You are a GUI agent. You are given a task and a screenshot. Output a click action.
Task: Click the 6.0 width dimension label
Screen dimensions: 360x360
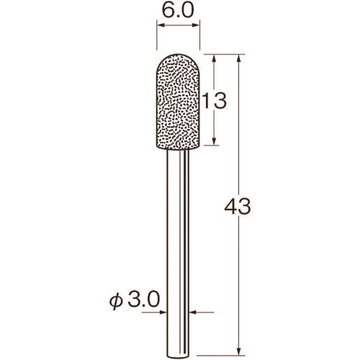click(178, 11)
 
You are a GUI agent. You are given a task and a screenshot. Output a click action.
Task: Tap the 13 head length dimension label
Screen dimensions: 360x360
click(215, 101)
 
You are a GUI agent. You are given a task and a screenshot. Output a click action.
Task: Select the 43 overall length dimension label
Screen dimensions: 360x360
click(238, 207)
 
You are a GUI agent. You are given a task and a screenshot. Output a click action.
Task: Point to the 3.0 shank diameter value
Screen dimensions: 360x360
click(144, 300)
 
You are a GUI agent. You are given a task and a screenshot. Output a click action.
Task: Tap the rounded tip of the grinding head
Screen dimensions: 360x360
click(178, 54)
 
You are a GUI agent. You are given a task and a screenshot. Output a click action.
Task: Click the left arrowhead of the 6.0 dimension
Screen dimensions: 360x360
click(161, 24)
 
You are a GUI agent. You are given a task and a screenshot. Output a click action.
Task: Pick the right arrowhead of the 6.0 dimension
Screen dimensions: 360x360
click(196, 24)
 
